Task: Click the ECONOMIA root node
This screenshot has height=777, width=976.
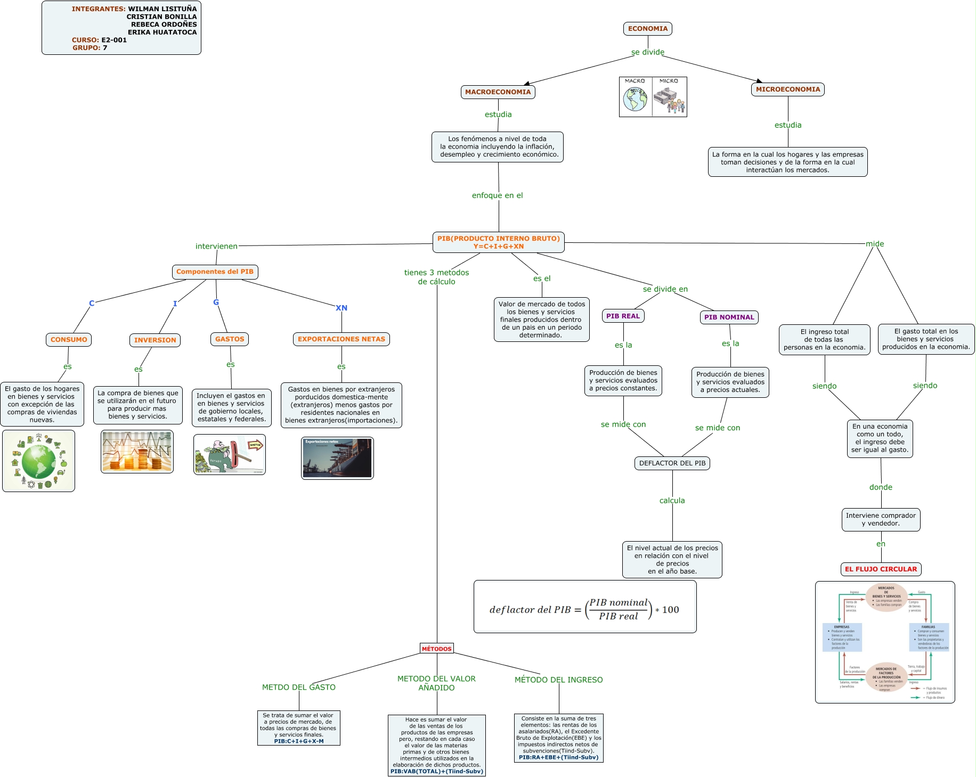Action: click(x=647, y=29)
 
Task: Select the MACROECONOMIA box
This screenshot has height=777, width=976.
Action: click(x=498, y=92)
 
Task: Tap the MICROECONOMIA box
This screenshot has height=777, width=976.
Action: click(x=787, y=89)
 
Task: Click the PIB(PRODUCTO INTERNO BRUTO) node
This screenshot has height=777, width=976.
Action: click(x=498, y=242)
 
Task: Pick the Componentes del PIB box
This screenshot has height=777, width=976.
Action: click(x=215, y=272)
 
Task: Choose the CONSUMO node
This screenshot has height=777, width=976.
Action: click(x=69, y=340)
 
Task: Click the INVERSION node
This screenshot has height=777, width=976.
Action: click(x=155, y=340)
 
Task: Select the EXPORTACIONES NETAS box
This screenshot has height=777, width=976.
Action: click(x=341, y=339)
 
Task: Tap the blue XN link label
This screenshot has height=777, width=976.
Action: click(x=341, y=308)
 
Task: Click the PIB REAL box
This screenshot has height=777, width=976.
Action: click(x=623, y=316)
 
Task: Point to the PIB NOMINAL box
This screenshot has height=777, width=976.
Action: click(x=729, y=317)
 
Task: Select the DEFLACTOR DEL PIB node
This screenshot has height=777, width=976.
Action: click(x=672, y=463)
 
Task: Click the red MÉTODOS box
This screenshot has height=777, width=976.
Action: click(x=436, y=649)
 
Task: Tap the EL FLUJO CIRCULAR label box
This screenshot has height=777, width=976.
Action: click(x=881, y=569)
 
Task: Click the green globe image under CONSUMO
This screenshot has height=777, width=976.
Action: click(x=38, y=461)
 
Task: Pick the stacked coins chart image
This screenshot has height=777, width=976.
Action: click(x=137, y=452)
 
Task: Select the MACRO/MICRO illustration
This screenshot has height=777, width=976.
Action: click(x=653, y=97)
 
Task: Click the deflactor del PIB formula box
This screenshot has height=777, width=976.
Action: click(x=584, y=607)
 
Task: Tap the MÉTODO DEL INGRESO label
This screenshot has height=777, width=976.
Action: click(x=558, y=680)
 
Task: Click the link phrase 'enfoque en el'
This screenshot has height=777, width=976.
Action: click(x=497, y=195)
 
